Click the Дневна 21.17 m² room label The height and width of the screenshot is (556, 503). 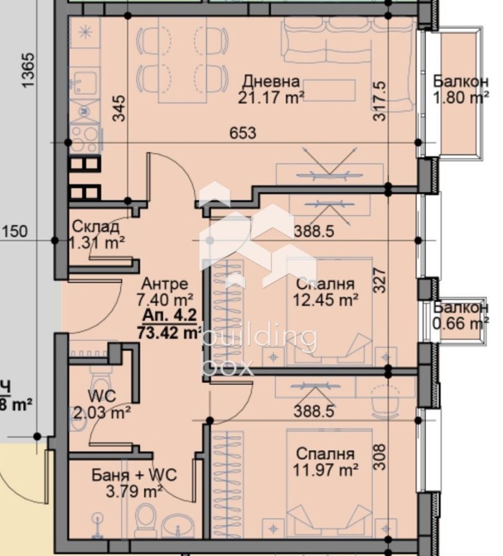coord(271,90)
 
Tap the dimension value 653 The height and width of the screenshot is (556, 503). coord(243,133)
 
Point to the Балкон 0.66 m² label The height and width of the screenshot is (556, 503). coord(461,316)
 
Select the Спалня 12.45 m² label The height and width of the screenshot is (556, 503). coord(324,291)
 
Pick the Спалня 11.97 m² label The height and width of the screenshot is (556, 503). coord(324,461)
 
